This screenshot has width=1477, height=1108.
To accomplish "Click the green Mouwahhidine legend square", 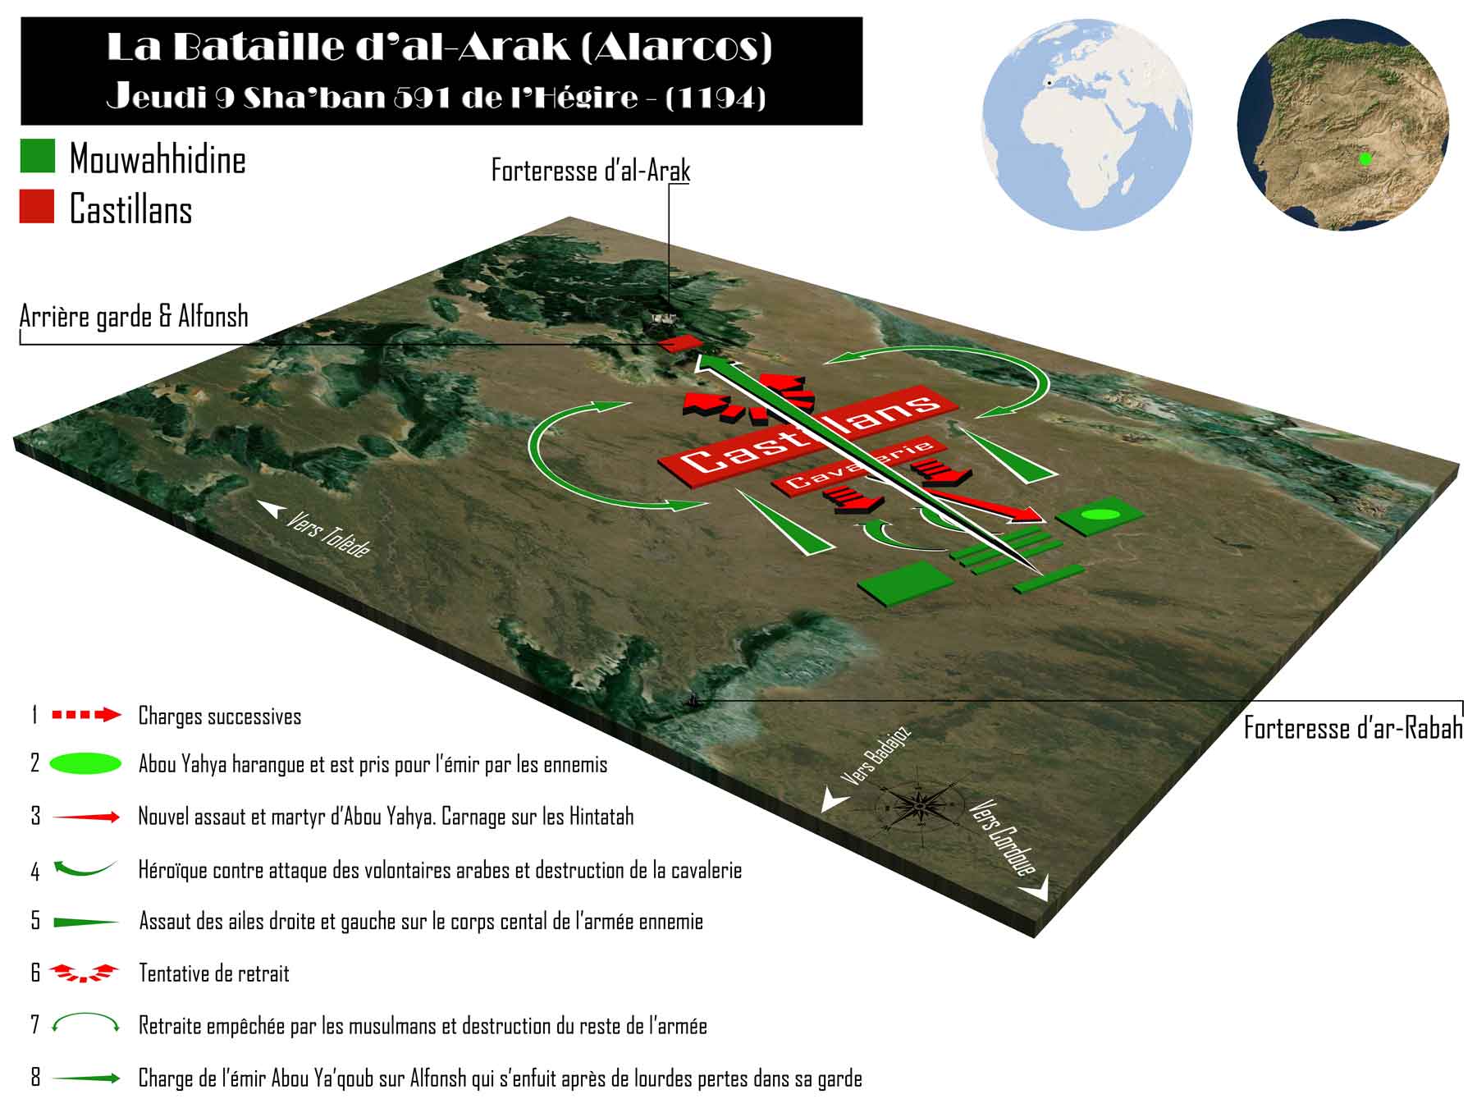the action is pos(37,155).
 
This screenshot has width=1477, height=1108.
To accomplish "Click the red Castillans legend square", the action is pos(37,206).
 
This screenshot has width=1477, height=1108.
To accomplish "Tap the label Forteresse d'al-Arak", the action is pos(591,171).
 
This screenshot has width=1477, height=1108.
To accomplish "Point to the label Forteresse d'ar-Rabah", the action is pos(1353,728).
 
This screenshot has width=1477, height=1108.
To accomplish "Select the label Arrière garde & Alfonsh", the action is pos(134,317).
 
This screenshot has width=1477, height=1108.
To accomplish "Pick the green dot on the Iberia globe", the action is pos(1365,159).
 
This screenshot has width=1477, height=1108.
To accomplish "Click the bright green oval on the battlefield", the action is pos(1100,515).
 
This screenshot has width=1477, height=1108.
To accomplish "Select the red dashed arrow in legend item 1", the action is pos(86,715).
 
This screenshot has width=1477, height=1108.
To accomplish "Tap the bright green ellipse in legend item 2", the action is pos(86,764).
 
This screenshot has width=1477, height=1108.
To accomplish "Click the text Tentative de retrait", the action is pos(214,973).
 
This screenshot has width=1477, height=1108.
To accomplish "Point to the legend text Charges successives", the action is pos(220,717).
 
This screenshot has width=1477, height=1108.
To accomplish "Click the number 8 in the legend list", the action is pos(35,1078).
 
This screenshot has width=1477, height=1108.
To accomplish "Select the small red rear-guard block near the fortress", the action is pos(681,343).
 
